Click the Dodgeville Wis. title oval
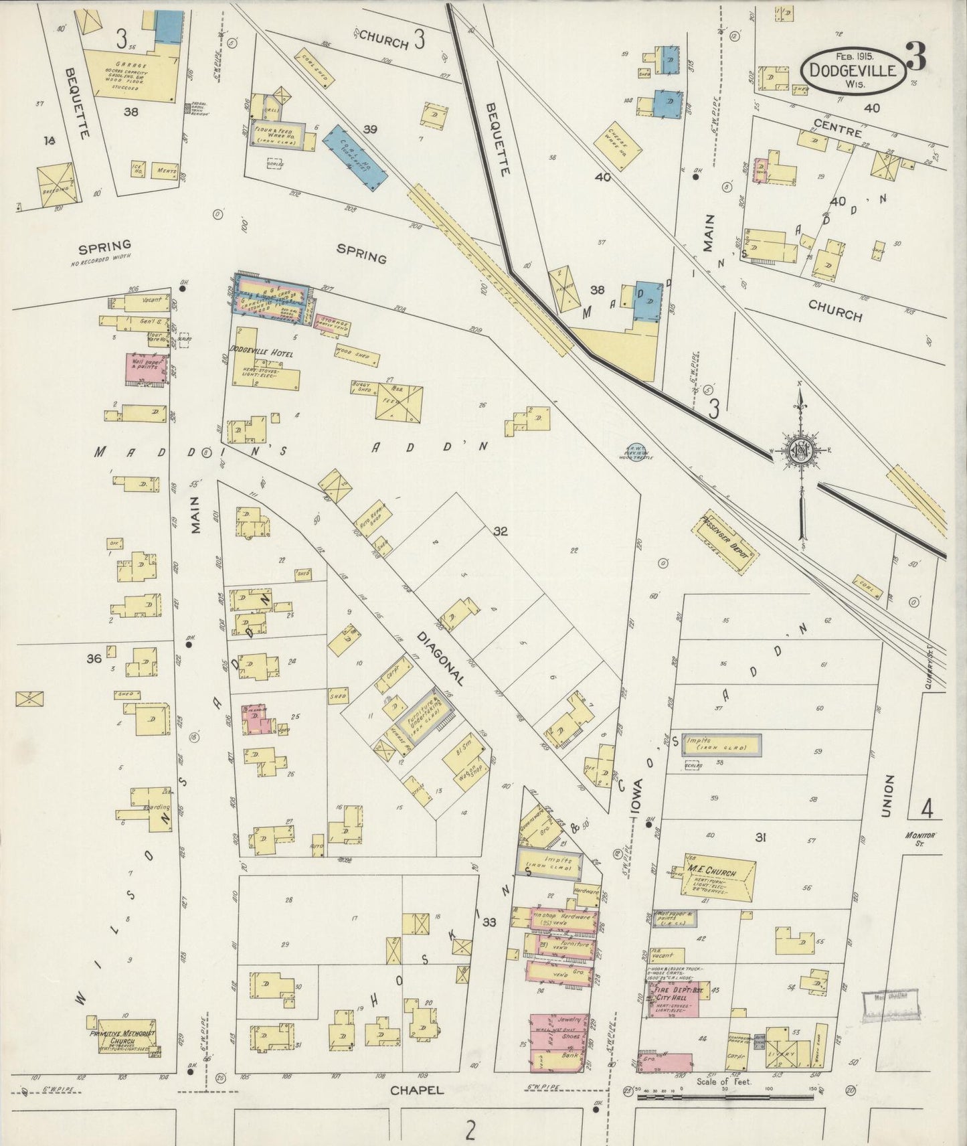[x=853, y=71]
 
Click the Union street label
[x=888, y=797]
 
